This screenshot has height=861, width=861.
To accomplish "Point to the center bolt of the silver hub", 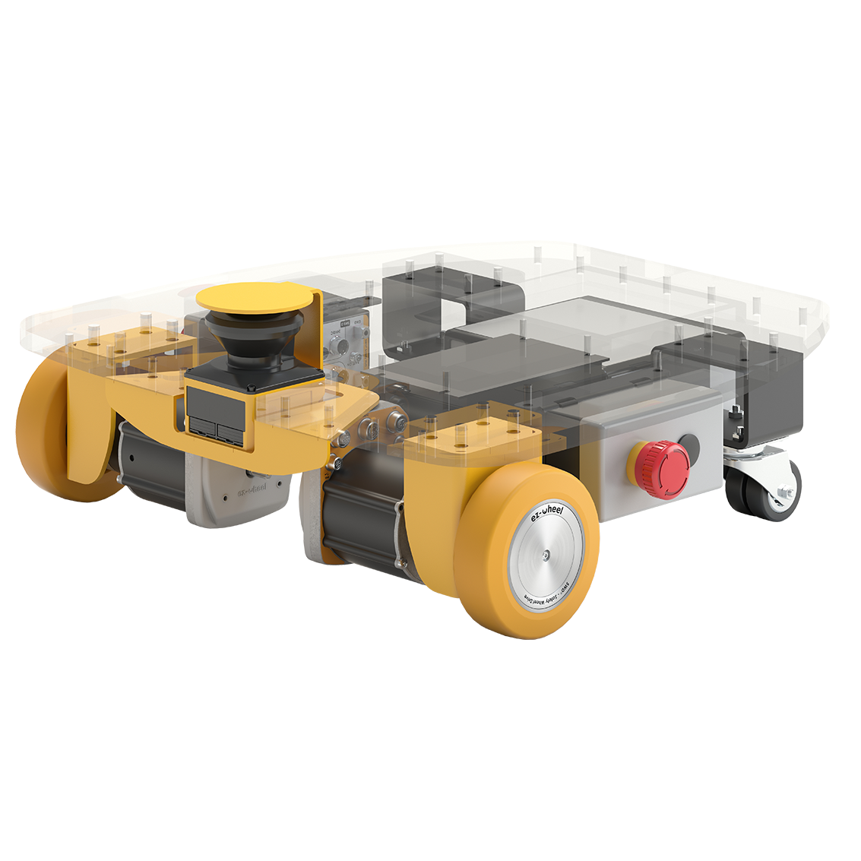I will click(x=547, y=558).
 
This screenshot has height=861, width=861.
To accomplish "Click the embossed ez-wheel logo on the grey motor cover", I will click(x=252, y=491).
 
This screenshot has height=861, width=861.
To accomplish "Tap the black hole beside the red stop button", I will click(x=690, y=445).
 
